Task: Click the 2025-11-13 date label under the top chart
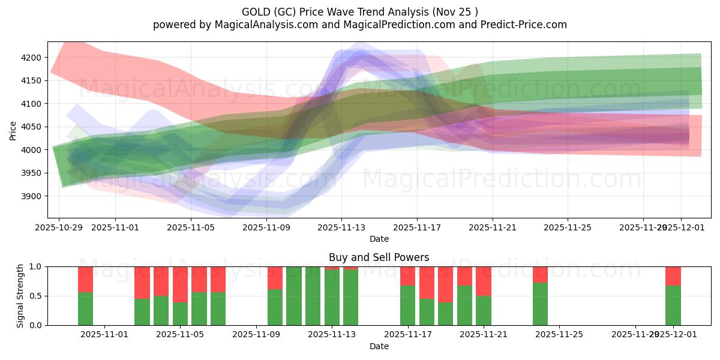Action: (x=341, y=227)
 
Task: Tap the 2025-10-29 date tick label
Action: (x=59, y=227)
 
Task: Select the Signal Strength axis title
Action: (x=20, y=295)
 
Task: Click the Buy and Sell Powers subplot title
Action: (x=379, y=257)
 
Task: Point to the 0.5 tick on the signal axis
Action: (x=36, y=296)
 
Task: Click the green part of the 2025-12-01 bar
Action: (x=673, y=305)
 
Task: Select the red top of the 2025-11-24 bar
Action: (x=540, y=274)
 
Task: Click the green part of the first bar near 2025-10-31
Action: (x=86, y=308)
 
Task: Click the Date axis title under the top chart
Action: (x=379, y=239)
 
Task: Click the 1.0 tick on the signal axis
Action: (x=36, y=266)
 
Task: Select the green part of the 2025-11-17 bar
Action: (x=408, y=305)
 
